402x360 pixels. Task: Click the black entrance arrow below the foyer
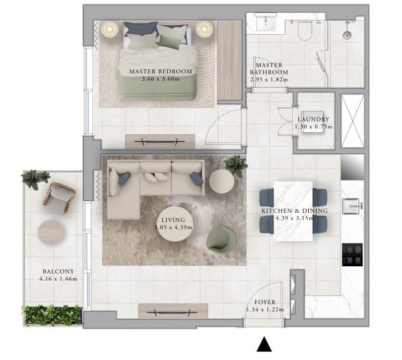coord(264,345)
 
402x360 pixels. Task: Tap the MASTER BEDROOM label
coord(160,71)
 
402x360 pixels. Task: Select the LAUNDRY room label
coord(313,119)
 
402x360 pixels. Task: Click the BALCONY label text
coord(58,271)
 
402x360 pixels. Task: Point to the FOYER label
coord(265,302)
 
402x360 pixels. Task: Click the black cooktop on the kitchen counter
coord(352,255)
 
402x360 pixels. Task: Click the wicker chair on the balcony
coord(59,198)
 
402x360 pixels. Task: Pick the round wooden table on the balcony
coord(51,232)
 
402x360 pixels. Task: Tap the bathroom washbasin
coord(266,24)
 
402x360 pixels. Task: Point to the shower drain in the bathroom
coord(347,35)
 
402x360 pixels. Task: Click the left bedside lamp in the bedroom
coord(110,29)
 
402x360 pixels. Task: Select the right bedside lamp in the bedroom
coord(204,29)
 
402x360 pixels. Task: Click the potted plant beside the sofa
coord(236,166)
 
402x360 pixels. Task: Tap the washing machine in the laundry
coord(312,122)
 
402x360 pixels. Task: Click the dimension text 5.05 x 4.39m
coord(174,227)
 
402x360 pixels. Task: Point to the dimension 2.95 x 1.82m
coord(269,79)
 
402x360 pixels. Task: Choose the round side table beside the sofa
coord(221,181)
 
